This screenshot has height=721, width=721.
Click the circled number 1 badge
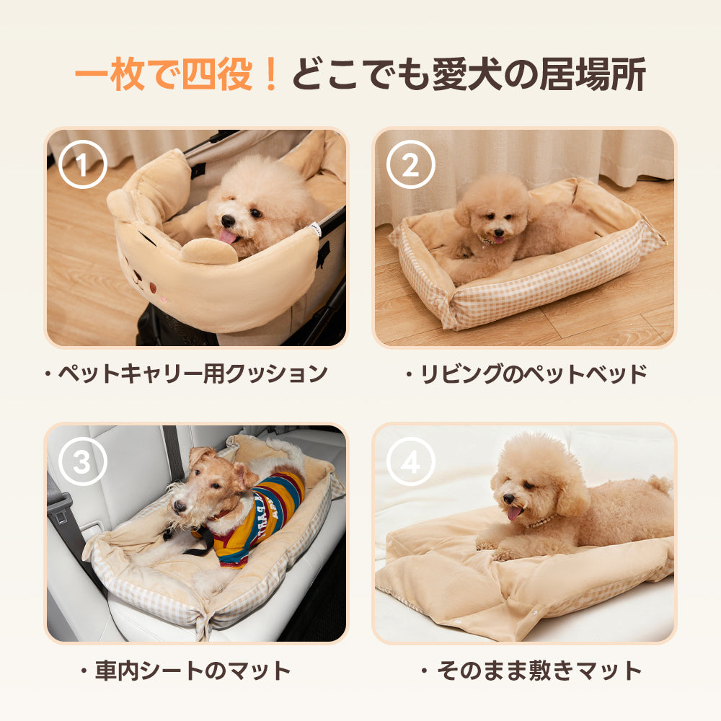coord(82,165)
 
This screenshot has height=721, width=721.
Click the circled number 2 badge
coord(410,165)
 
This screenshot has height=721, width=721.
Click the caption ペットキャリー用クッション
coord(186,373)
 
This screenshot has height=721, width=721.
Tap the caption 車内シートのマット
coord(186,671)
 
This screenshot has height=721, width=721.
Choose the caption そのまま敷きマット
coord(531,671)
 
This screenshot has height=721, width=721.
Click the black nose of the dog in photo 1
coord(229,220)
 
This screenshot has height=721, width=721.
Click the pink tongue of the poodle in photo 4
coord(513,513)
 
